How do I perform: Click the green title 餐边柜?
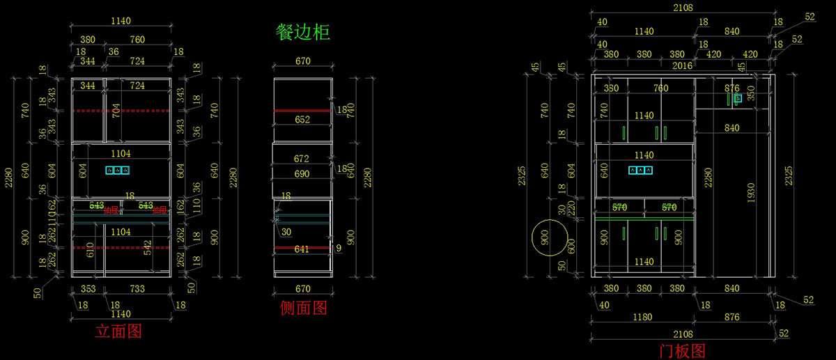point(302,32)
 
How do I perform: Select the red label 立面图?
point(118,331)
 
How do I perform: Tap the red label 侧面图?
point(303,307)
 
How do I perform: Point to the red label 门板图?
point(683,350)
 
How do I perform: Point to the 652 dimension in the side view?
point(302,120)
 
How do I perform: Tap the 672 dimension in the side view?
point(302,159)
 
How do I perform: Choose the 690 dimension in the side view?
point(302,172)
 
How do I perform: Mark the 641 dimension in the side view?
point(302,249)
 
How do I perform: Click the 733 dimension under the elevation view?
point(137,288)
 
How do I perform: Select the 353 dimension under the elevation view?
point(88,288)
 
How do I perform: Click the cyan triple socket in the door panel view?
point(640,169)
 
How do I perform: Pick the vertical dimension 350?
point(750,93)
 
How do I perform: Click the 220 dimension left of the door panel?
point(571,207)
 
